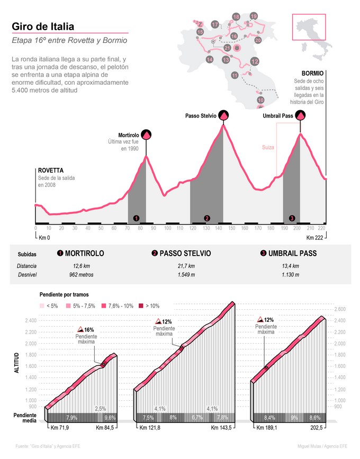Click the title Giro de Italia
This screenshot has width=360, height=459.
[43, 26]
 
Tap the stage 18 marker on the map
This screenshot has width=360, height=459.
[236, 17]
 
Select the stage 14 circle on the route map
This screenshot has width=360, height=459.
[210, 59]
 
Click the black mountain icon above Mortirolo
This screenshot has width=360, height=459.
[145, 135]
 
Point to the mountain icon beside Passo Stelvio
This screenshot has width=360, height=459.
[224, 115]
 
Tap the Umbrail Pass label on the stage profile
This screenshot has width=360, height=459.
[278, 116]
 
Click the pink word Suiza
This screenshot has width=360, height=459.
[268, 148]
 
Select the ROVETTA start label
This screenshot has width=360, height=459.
[51, 170]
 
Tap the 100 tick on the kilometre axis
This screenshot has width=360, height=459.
[168, 228]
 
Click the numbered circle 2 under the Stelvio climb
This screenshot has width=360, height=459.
[207, 218]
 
